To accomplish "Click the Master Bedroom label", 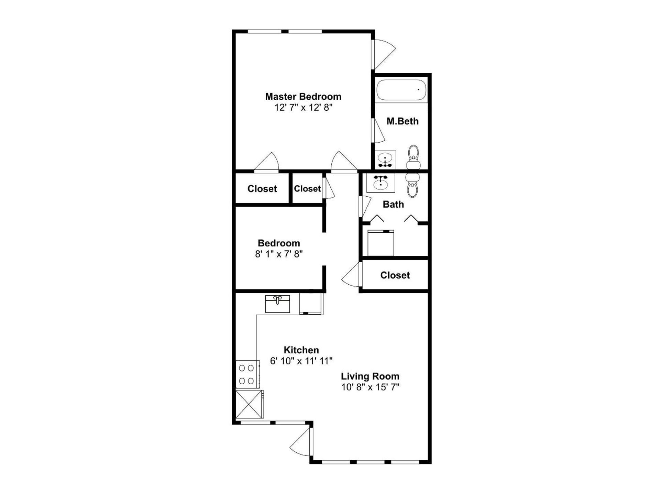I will pos(303,97).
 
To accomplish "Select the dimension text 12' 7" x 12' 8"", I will pos(303,108).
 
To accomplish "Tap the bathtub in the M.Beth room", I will pos(401,90).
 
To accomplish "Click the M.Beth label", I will pos(402,121).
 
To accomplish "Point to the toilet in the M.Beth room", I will pos(413,157).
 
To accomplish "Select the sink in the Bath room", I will pos(381,183).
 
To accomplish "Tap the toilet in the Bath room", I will pos(412,185).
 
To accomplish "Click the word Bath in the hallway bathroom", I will pos(393,204).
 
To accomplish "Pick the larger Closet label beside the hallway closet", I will pos(262,188).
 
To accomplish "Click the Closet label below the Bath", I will pos(395,275).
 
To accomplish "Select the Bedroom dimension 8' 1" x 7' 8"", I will pos(278,254).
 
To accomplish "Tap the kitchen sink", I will pos(277,304).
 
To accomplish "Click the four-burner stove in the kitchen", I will pos(247,374).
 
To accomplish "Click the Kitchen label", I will pos(301,350).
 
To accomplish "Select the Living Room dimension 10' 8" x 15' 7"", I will pos(370,387).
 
